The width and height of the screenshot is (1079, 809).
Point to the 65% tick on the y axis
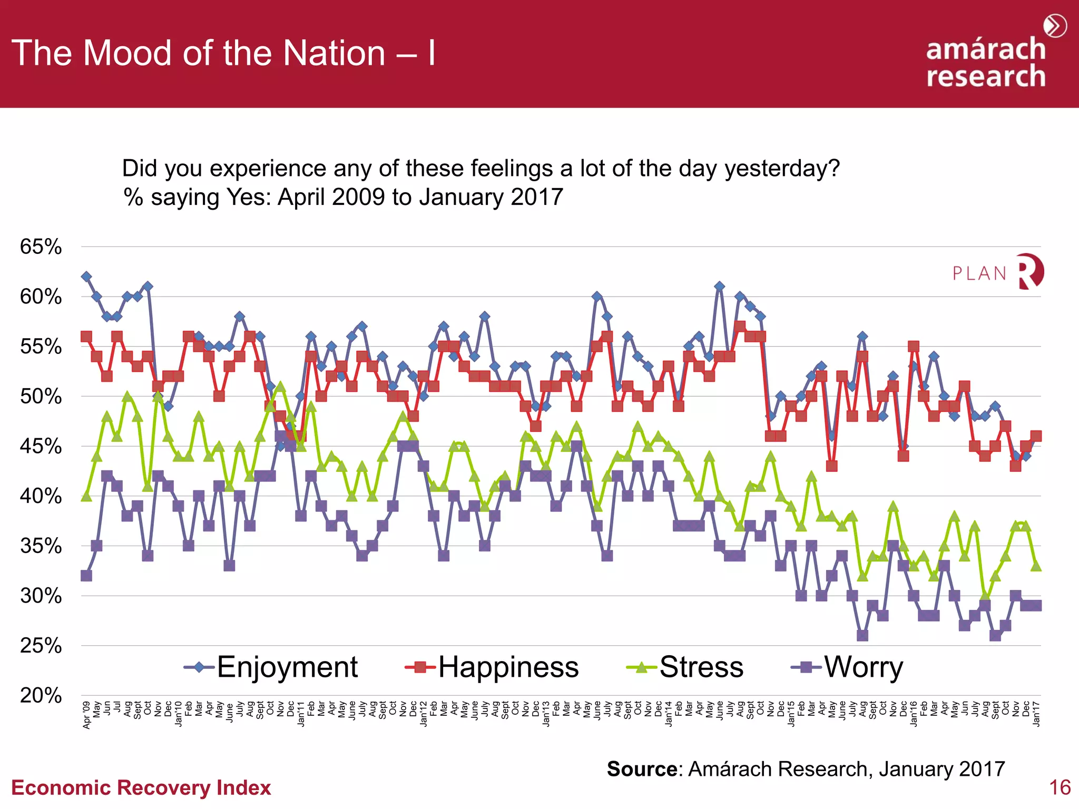point(41,246)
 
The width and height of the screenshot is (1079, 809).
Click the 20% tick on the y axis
point(41,695)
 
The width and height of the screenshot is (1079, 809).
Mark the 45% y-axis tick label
point(41,446)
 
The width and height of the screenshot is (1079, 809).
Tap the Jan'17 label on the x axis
point(1036,714)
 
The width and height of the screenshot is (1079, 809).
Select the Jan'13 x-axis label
point(546,714)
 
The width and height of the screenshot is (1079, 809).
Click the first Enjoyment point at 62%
point(86,277)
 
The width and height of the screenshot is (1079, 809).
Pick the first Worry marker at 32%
point(86,576)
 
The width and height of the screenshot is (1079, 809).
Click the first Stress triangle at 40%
point(86,496)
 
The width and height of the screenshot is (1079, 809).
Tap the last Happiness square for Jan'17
point(1036,436)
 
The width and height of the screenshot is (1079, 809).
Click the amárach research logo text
point(985,62)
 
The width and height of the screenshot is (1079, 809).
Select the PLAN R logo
point(998,272)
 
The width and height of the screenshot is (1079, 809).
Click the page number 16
point(1060,787)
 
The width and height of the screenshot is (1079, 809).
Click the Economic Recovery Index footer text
point(141,788)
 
